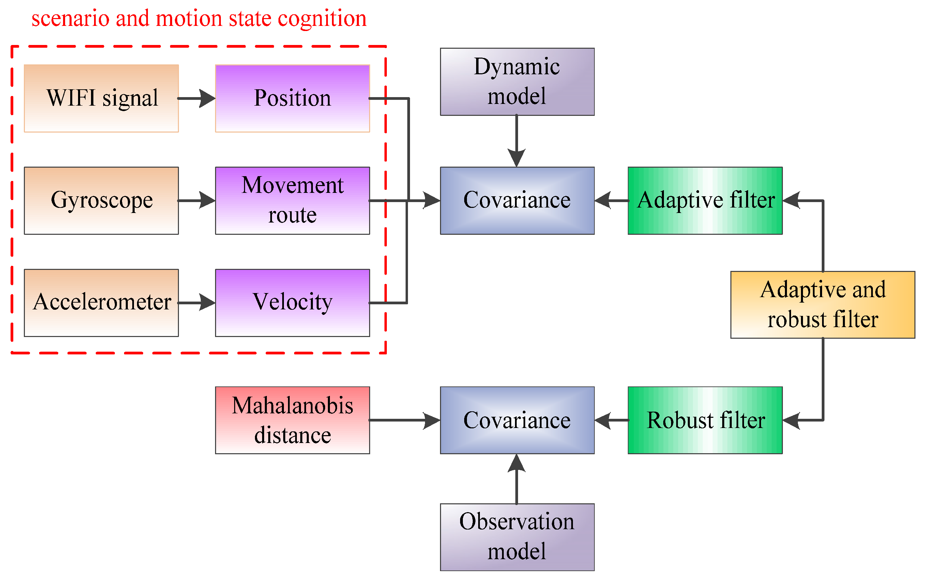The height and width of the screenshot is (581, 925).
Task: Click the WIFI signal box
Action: [102, 98]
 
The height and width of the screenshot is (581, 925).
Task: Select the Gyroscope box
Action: [102, 200]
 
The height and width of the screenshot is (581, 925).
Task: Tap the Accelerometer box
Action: [102, 303]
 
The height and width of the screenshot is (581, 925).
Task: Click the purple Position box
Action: [292, 98]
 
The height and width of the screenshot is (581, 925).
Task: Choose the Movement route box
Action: [292, 200]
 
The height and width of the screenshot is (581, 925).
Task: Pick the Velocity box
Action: [292, 303]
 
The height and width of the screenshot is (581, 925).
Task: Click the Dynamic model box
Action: [517, 81]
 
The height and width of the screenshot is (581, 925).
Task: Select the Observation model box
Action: [517, 537]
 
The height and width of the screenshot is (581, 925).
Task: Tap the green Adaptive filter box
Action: [705, 200]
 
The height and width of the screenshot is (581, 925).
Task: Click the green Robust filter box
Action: [705, 420]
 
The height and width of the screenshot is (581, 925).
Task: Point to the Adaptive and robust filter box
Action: [822, 305]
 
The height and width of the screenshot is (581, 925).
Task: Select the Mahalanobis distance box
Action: [292, 420]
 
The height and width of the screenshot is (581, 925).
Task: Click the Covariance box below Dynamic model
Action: [517, 200]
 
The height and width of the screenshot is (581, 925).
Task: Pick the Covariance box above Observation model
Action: [517, 420]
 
